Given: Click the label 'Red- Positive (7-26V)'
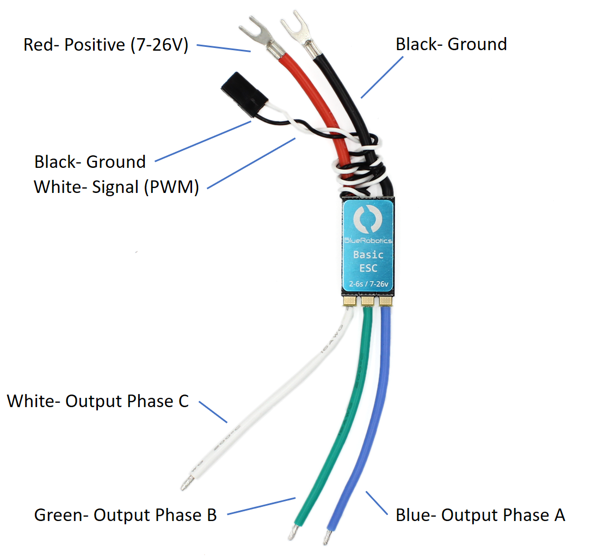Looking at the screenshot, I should [x=106, y=44].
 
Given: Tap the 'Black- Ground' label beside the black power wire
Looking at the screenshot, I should [x=451, y=44].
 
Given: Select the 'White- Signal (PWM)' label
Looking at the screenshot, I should [x=116, y=186].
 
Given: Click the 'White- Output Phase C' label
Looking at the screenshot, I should [x=98, y=401].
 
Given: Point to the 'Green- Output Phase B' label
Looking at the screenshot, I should [x=125, y=514].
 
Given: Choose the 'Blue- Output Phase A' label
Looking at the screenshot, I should [x=480, y=514].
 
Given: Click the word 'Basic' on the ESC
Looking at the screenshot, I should [x=368, y=255].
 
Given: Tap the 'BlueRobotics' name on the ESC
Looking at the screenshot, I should [x=368, y=240].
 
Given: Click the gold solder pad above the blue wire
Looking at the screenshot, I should [x=386, y=300].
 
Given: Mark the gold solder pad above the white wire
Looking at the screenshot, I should [x=349, y=300].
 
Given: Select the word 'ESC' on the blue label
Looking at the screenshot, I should [x=368, y=268].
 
